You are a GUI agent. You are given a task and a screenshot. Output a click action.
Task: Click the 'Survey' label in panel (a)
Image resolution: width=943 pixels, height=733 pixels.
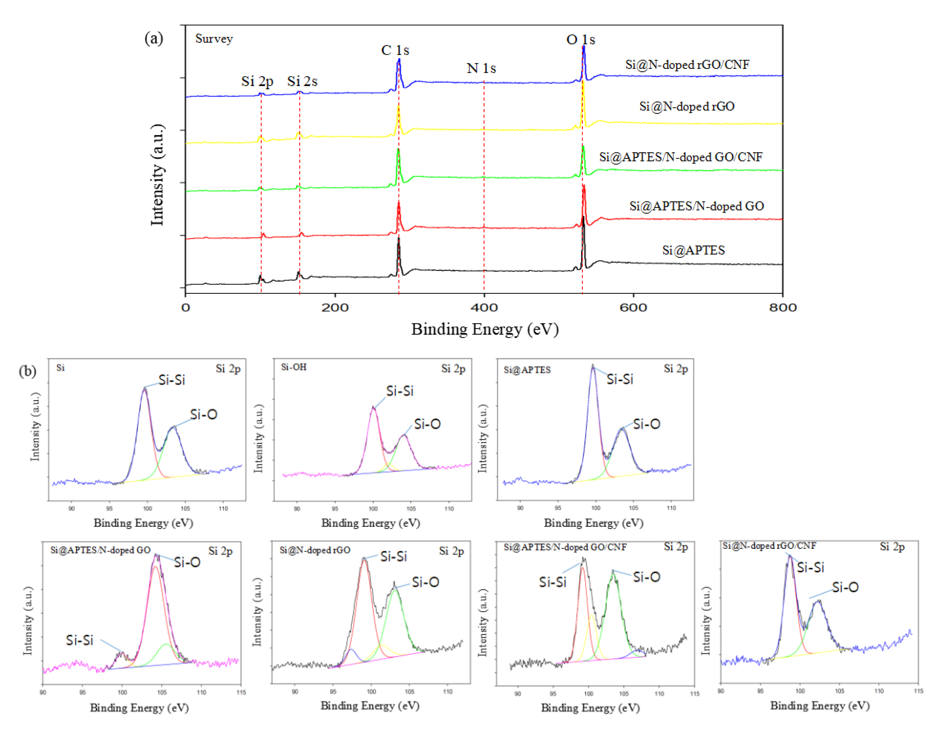click(x=214, y=39)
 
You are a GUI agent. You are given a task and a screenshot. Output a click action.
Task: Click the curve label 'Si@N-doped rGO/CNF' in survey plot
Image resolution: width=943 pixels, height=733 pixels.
click(x=687, y=65)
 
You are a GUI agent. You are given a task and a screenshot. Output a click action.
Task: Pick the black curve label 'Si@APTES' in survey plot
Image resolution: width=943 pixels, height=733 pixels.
click(x=693, y=250)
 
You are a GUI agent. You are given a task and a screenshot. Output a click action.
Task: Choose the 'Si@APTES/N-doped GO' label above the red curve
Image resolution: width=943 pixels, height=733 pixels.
click(x=697, y=206)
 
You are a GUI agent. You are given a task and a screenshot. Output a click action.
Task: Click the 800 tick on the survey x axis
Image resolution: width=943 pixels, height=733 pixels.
click(x=782, y=307)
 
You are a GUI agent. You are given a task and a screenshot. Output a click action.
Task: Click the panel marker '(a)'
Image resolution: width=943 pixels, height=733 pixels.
click(x=154, y=39)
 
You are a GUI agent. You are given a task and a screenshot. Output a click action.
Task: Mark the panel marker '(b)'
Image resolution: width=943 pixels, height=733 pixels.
click(x=27, y=371)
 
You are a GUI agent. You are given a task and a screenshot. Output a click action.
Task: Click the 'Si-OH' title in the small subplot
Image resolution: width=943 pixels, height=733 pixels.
click(x=294, y=367)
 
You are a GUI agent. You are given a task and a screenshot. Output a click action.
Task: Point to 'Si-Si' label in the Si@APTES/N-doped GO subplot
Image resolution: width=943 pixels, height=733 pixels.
click(x=79, y=640)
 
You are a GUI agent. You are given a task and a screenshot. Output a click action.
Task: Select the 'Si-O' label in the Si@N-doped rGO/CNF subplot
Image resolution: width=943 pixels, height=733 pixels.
click(x=845, y=587)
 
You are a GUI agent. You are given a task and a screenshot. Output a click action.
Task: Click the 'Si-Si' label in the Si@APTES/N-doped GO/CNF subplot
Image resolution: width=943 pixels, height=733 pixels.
click(x=552, y=582)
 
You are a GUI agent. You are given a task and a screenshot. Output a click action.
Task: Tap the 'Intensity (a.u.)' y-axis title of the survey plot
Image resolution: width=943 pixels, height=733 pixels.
click(x=158, y=175)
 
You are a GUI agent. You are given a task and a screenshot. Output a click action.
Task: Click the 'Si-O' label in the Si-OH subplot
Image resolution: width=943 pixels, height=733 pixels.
click(x=427, y=424)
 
